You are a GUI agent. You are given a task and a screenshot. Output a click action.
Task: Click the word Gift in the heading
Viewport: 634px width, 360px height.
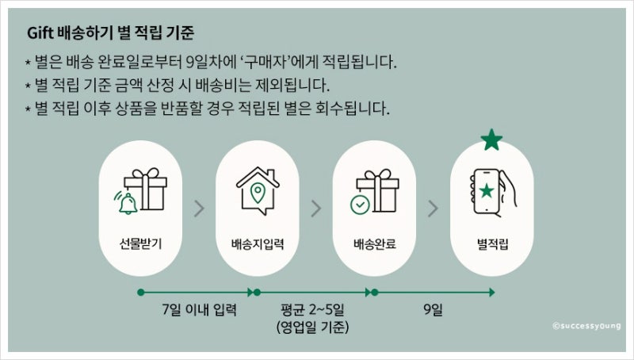coord(40,33)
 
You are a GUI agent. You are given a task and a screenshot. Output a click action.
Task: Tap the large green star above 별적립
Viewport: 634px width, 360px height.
coord(491,140)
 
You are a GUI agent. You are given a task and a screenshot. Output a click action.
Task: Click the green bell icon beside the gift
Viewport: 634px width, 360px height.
coord(128,203)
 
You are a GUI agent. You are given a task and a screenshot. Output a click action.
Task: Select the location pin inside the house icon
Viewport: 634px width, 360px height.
coord(258,193)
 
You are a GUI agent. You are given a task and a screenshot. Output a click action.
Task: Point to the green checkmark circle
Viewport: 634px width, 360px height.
coord(360,205)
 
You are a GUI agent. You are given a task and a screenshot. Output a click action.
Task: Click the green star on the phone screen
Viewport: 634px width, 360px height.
coord(487,190)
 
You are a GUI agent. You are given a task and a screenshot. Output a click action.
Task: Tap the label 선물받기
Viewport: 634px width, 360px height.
coord(140,243)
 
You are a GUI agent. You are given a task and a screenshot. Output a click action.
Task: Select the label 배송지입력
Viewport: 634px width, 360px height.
coord(258,243)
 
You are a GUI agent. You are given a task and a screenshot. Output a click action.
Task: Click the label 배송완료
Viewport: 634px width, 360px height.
coord(374,243)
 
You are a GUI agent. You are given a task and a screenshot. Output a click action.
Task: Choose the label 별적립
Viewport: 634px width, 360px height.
coord(492,243)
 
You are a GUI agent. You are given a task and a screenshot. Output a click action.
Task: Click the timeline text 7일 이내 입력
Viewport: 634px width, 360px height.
coord(199,310)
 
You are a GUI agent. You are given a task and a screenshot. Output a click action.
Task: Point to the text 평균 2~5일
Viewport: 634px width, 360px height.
coord(312,310)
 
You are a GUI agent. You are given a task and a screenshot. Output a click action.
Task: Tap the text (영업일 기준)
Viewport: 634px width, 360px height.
coord(312,327)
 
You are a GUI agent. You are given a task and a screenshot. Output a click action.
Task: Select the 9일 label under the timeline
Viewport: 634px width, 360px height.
coord(433,310)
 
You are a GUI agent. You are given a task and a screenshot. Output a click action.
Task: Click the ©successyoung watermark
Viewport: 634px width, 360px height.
coord(586,326)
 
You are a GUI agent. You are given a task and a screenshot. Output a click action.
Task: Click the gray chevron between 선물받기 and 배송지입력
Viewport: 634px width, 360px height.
coord(199,209)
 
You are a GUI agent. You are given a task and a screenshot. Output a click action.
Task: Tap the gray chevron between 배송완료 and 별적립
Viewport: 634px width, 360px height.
coord(433,209)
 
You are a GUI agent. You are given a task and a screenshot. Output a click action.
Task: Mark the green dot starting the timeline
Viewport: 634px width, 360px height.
coord(141,292)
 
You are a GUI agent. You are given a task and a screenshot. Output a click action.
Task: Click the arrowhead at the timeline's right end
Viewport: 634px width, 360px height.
coord(492,292)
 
